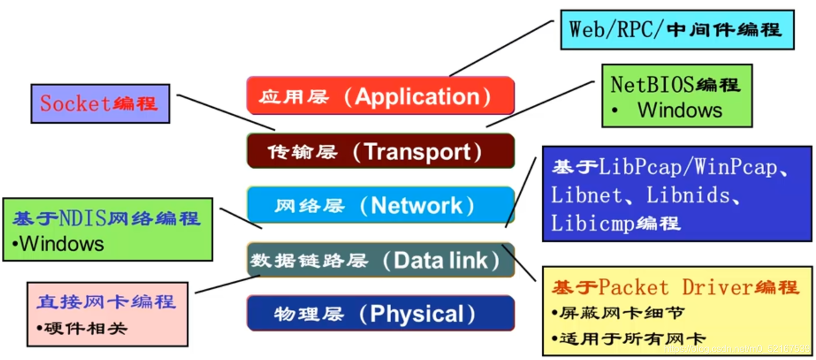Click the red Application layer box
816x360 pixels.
pos(380,95)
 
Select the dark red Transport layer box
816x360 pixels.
pos(380,151)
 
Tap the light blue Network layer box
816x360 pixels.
pos(380,205)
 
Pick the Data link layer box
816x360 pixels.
pos(380,260)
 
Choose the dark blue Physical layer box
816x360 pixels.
pos(380,313)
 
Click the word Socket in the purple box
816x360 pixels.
pos(75,104)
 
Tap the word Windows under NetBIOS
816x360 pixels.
pos(679,110)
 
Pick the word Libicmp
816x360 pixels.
pos(590,223)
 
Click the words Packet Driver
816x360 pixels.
pos(675,288)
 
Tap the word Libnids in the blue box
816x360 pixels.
pos(684,195)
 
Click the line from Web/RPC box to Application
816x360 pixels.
pos(501,48)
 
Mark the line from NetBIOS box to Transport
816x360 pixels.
pos(540,104)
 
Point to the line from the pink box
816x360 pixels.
pos(227,285)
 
